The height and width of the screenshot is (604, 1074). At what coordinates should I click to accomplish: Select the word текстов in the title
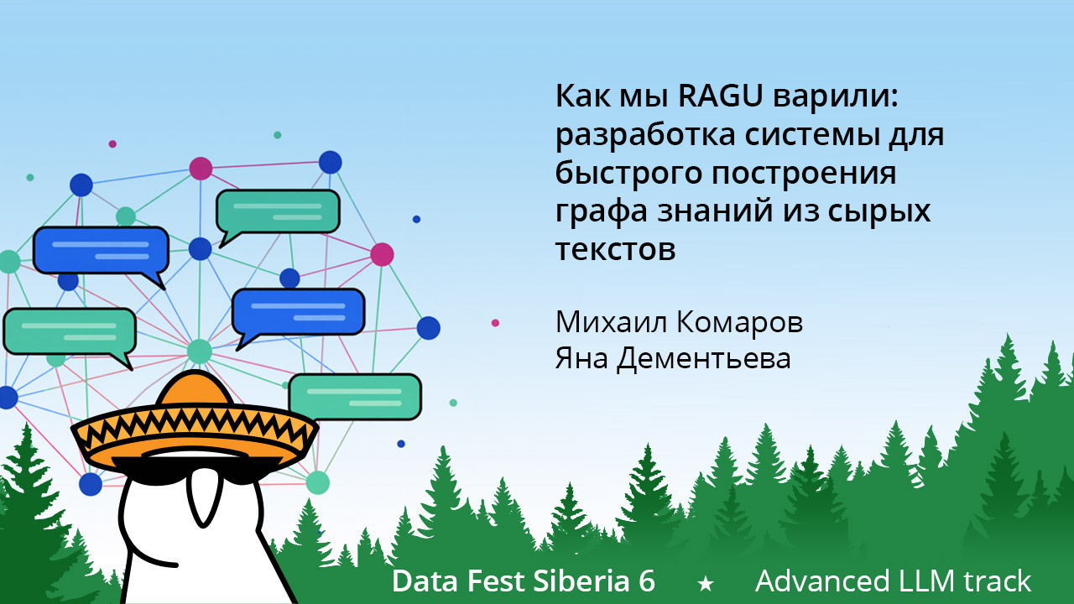point(615,249)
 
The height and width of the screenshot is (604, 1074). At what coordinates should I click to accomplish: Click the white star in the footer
point(706,582)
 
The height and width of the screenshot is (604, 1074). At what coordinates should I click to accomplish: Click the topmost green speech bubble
point(278,211)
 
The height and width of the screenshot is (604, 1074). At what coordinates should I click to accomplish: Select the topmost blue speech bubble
point(101,250)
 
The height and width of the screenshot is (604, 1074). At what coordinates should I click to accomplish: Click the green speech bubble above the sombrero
point(355,397)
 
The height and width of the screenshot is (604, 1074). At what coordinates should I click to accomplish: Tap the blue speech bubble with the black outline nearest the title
point(298,311)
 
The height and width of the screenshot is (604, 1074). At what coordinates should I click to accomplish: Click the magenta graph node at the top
point(201,168)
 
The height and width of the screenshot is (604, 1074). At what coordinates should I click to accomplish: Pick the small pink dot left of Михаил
point(496,323)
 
